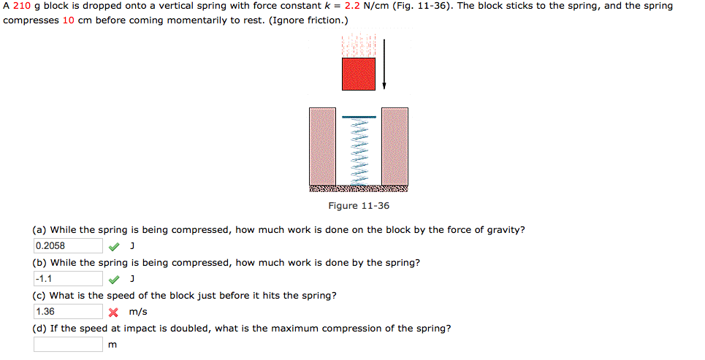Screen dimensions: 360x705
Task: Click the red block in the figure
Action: [x=359, y=73]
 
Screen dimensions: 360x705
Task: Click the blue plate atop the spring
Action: [x=359, y=117]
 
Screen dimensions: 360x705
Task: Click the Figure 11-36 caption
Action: [x=359, y=206]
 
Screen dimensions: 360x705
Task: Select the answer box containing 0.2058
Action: [x=68, y=246]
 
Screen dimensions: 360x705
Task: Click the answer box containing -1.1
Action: [x=68, y=279]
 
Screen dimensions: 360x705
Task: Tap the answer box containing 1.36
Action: [x=68, y=312]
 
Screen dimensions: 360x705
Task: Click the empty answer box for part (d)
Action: [x=68, y=345]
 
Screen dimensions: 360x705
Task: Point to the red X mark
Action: [x=113, y=312]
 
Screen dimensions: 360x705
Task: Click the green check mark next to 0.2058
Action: [x=113, y=246]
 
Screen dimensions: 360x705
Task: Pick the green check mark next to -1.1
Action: [x=113, y=279]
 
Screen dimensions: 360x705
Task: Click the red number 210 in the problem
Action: [x=21, y=6]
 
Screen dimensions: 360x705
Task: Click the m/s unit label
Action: [x=137, y=312]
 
